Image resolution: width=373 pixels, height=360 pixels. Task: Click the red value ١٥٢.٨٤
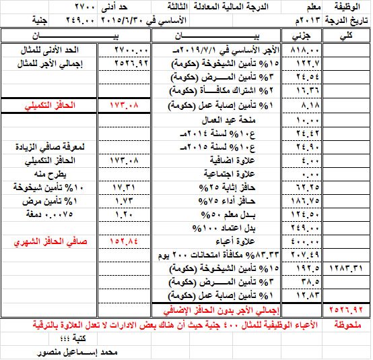(x=123, y=241)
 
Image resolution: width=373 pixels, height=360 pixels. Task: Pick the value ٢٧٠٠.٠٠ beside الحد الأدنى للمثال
(x=123, y=51)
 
